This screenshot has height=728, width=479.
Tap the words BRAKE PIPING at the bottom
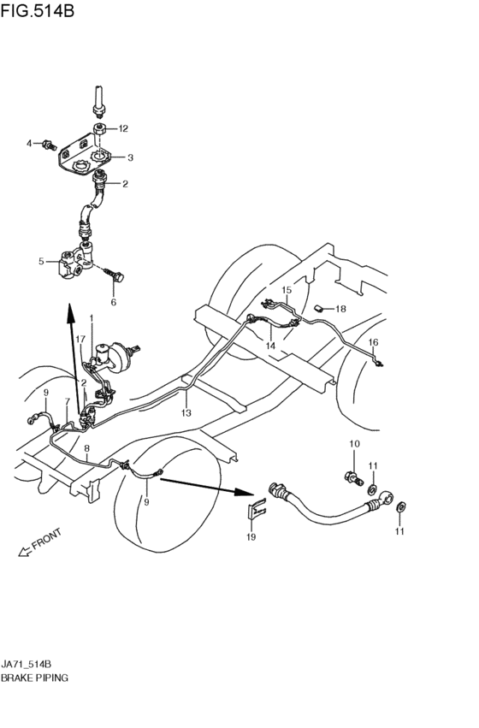pos(35,677)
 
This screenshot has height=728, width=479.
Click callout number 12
pos(123,128)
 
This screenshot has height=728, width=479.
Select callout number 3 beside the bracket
pos(130,157)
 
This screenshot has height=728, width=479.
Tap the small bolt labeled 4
pos(48,143)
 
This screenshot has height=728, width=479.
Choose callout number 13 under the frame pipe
pos(185,412)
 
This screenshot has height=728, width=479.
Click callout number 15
pos(287,291)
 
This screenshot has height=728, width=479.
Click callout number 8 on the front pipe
pos(86,448)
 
